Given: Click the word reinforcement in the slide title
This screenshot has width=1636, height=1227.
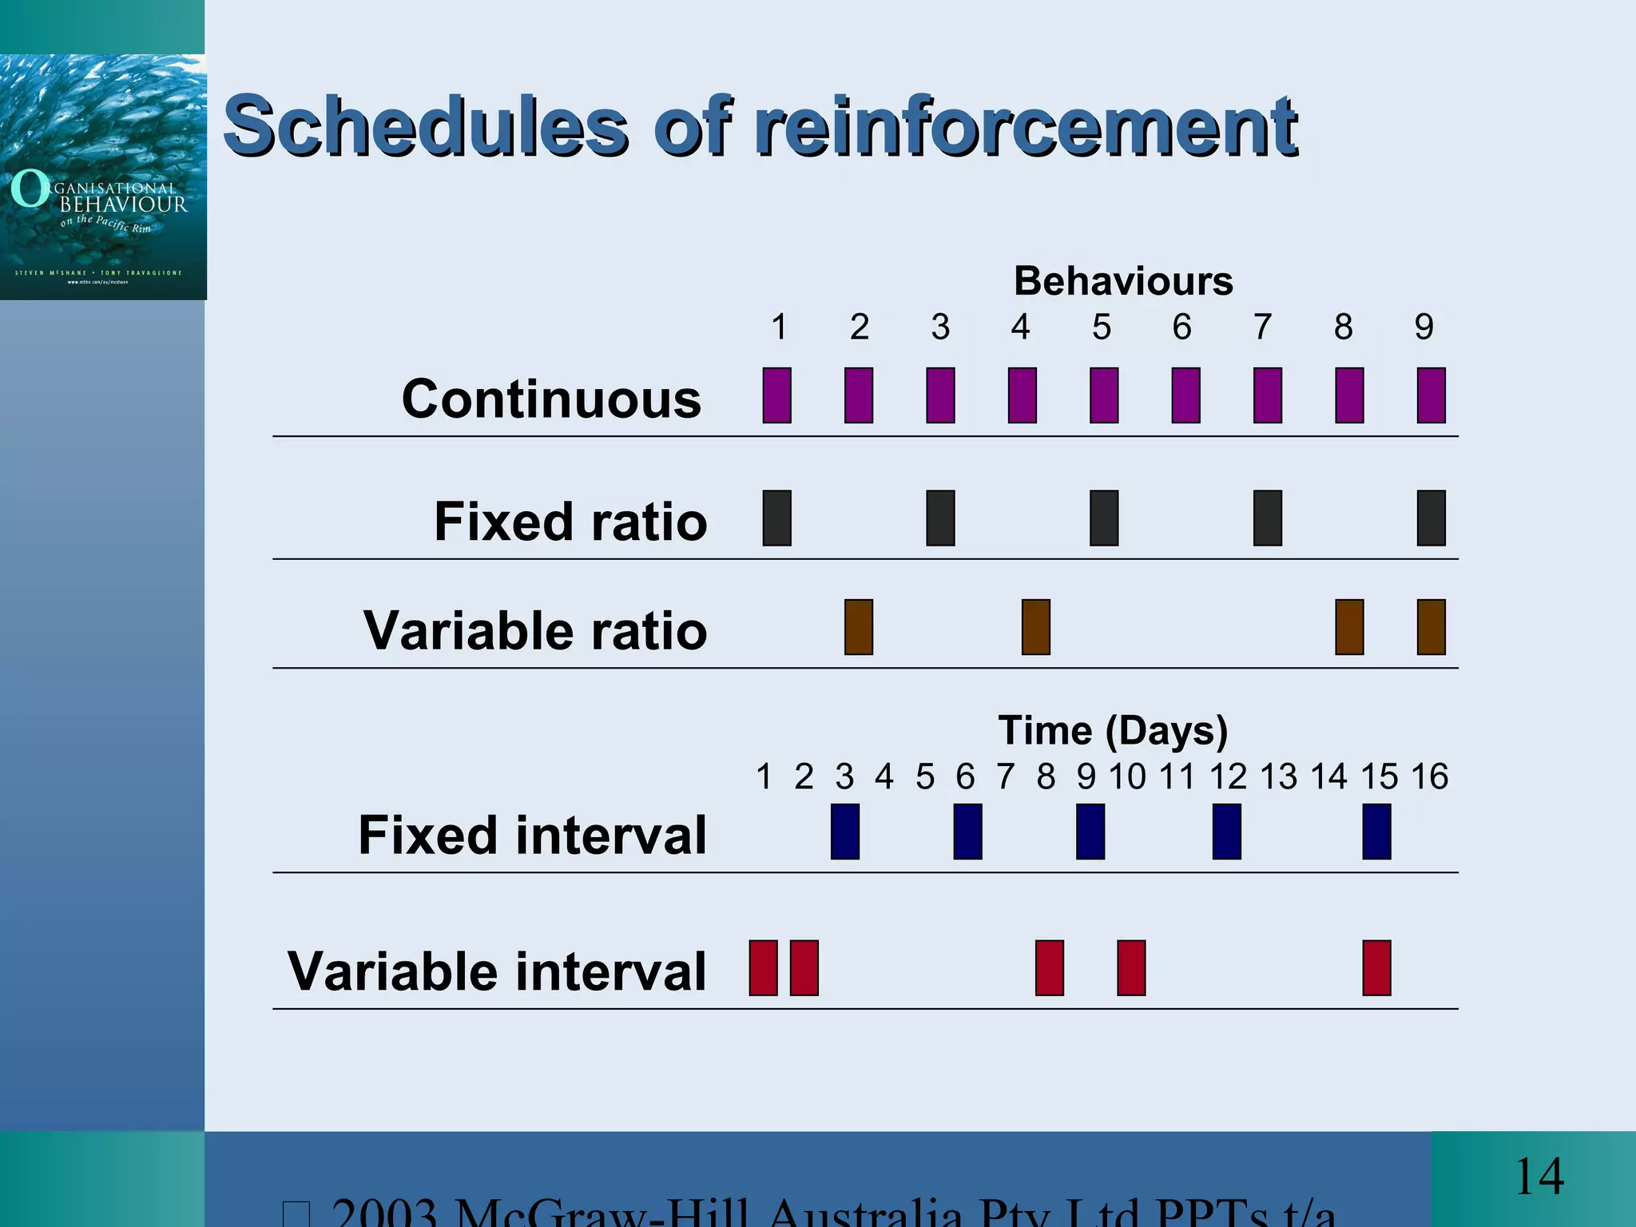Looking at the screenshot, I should pyautogui.click(x=1026, y=126).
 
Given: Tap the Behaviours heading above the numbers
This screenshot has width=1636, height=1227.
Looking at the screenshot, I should pyautogui.click(x=1123, y=281).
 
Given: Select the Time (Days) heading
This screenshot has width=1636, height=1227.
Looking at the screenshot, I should pyautogui.click(x=1113, y=730).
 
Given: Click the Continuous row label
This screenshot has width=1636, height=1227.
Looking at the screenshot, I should pyautogui.click(x=551, y=399).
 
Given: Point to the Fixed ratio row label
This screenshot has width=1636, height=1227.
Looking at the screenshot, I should pyautogui.click(x=570, y=522).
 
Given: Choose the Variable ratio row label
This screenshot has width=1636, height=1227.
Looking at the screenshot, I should pyautogui.click(x=535, y=630).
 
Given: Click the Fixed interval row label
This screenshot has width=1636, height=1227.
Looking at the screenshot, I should pyautogui.click(x=533, y=835).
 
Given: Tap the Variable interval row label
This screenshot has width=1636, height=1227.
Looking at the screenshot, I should pyautogui.click(x=497, y=971).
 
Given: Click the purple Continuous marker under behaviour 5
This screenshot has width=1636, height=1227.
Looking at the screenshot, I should pyautogui.click(x=1104, y=395).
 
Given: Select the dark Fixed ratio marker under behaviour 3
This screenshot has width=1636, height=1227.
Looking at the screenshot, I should pyautogui.click(x=940, y=518).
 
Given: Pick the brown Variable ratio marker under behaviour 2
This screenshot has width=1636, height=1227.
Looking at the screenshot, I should pyautogui.click(x=859, y=627).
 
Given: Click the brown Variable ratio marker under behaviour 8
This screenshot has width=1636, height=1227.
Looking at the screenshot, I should pyautogui.click(x=1349, y=627).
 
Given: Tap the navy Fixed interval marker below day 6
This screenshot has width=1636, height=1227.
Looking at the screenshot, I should pyautogui.click(x=967, y=832).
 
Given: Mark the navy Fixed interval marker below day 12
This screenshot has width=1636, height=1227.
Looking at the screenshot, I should pyautogui.click(x=1226, y=832).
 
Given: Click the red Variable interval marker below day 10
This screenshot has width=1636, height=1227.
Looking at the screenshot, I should pyautogui.click(x=1131, y=968).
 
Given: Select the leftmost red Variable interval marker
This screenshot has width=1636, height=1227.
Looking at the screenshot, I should pyautogui.click(x=763, y=968).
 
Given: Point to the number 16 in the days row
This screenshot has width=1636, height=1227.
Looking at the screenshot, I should pyautogui.click(x=1429, y=776).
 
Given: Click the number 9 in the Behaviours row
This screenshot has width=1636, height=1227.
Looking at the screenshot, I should pyautogui.click(x=1424, y=327).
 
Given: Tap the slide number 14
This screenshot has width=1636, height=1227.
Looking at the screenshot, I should pyautogui.click(x=1539, y=1177).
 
